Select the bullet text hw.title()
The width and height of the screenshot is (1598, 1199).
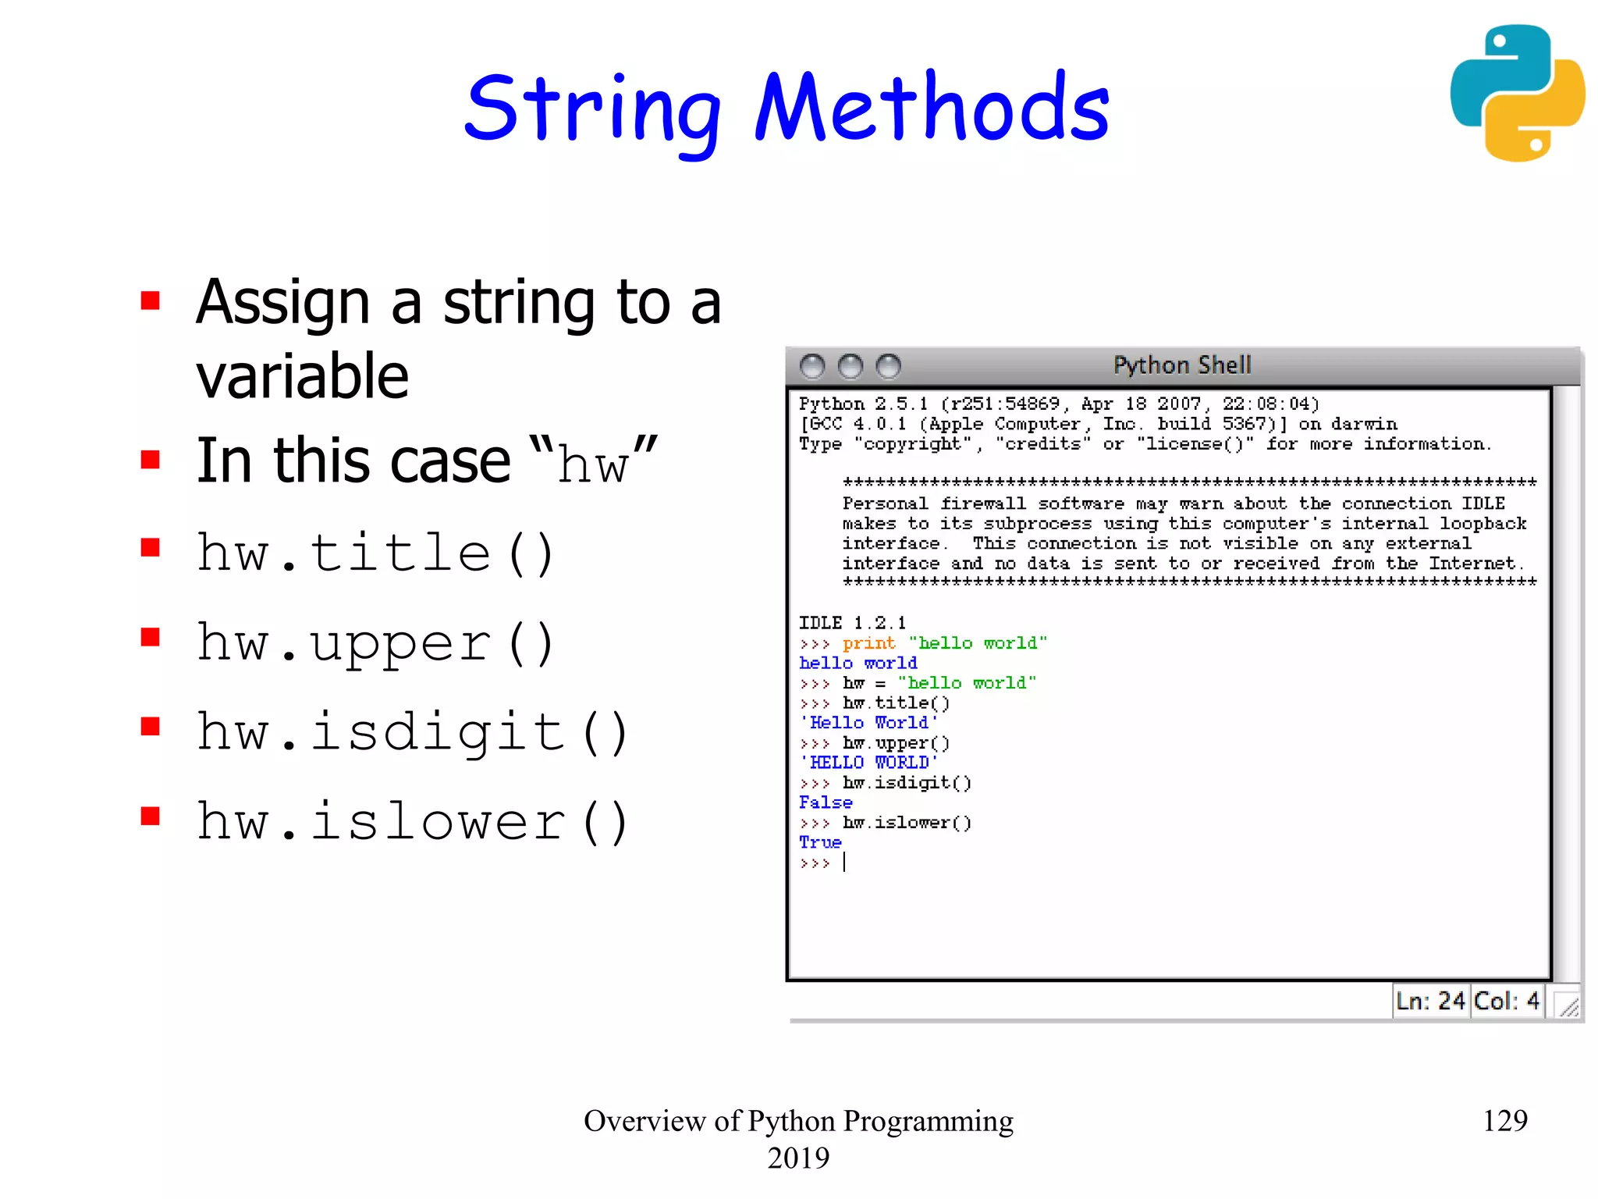[x=375, y=553]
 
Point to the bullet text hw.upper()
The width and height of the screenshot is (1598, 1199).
[x=375, y=643]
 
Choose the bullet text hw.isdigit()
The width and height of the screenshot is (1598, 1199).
[x=412, y=732]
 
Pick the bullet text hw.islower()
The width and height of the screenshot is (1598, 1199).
[x=412, y=821]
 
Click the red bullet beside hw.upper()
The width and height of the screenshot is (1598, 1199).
[x=150, y=638]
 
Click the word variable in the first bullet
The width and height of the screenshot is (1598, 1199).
[x=302, y=376]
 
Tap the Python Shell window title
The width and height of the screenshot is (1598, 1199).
[x=1181, y=365]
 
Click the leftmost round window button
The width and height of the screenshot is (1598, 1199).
[x=812, y=366]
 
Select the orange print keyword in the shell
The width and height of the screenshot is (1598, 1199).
[x=868, y=643]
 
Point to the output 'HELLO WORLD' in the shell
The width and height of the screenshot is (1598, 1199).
[x=868, y=763]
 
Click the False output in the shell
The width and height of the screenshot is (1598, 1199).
[x=826, y=802]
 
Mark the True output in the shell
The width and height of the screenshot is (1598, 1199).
[x=820, y=842]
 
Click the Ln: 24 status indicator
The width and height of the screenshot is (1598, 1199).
[x=1430, y=1001]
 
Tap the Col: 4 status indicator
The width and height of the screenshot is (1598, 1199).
[x=1507, y=1001]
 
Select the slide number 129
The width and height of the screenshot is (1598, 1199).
[x=1504, y=1121]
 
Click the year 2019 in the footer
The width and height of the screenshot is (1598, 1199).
[x=798, y=1158]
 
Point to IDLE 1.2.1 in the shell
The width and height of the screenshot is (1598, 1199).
[x=852, y=623]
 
